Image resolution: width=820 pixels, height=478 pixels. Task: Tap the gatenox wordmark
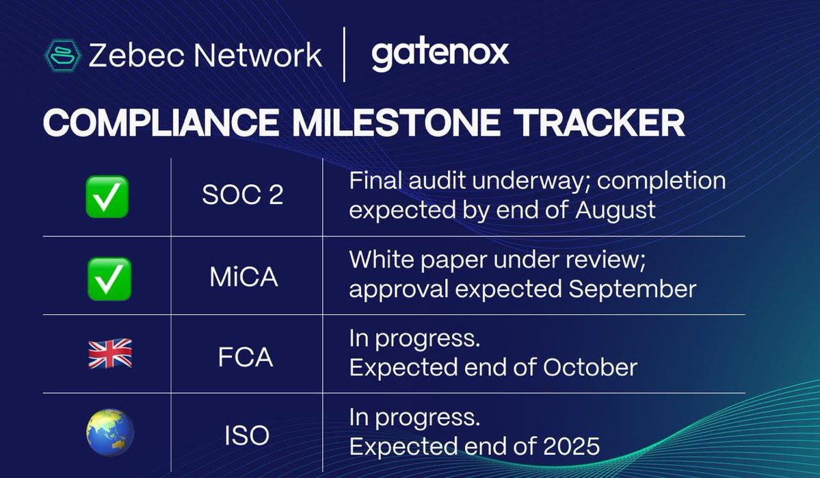click(440, 55)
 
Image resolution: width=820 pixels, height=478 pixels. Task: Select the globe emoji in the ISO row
click(109, 433)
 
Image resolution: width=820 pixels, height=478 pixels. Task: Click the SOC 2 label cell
click(242, 197)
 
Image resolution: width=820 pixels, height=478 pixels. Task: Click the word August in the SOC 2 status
click(615, 210)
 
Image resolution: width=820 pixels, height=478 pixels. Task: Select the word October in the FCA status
click(590, 368)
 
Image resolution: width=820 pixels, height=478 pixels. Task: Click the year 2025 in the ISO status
click(570, 446)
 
